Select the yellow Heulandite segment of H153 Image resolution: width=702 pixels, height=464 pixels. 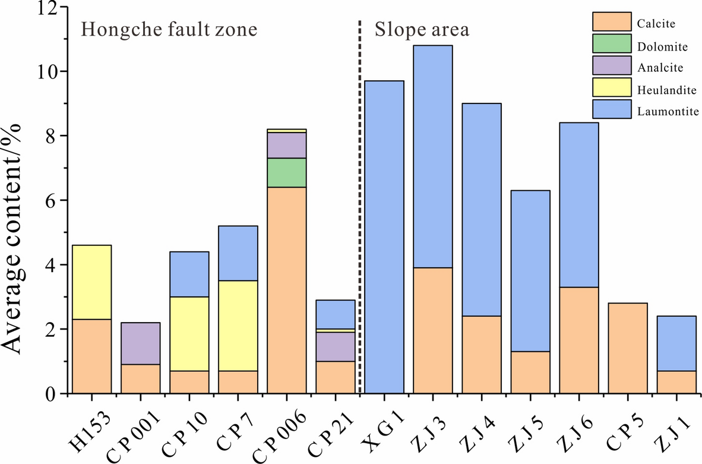click(x=91, y=282)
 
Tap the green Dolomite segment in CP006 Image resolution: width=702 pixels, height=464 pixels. click(x=287, y=172)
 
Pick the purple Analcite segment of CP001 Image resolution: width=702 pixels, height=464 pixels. click(x=140, y=343)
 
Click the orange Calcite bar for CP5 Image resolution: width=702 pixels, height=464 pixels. click(x=628, y=348)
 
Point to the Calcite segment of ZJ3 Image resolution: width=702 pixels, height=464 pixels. click(x=433, y=330)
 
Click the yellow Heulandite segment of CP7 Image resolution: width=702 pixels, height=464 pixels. click(x=238, y=326)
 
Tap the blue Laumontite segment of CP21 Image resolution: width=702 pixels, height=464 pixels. click(x=336, y=314)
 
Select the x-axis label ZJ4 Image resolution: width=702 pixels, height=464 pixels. click(x=480, y=430)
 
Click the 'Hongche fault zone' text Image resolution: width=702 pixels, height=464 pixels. click(x=169, y=30)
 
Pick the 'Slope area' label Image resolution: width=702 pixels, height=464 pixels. click(x=422, y=30)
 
